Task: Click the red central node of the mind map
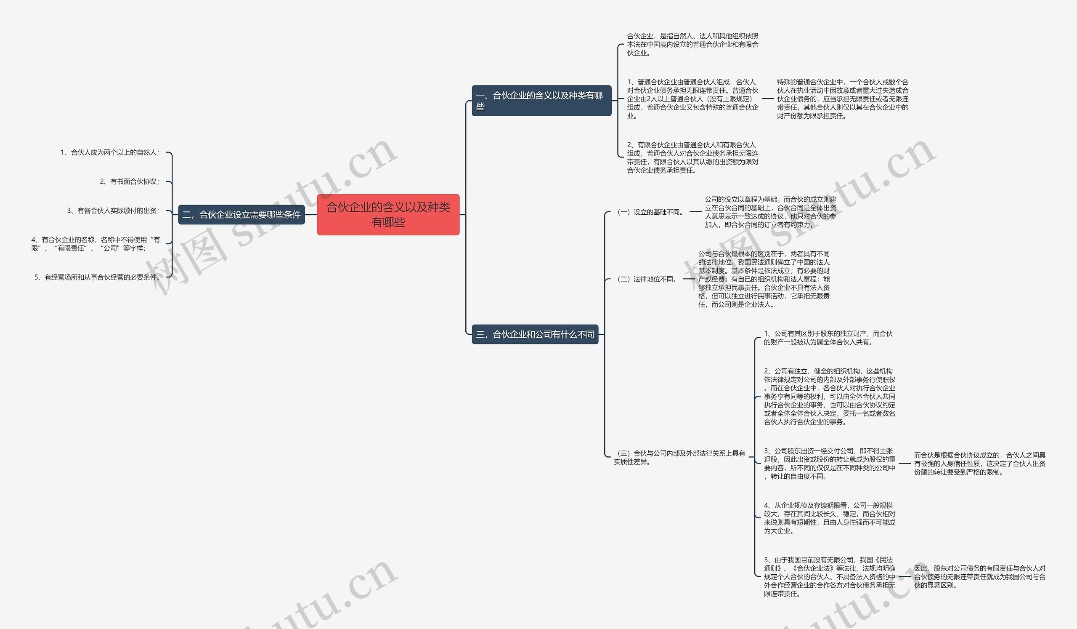tap(388, 215)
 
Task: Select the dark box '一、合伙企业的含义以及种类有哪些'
tap(541, 101)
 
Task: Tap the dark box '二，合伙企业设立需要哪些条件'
tap(241, 215)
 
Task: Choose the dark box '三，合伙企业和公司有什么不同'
tap(535, 334)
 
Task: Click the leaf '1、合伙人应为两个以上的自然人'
tap(110, 153)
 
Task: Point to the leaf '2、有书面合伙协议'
tap(130, 182)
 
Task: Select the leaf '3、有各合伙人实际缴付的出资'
tap(113, 211)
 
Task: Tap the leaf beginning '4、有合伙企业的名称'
tap(95, 244)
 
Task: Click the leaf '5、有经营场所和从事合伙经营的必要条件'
tap(97, 277)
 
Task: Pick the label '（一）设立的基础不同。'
tap(650, 212)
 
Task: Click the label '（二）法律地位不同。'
tap(647, 279)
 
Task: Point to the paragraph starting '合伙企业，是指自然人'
tap(693, 45)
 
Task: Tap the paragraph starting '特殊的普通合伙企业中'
tap(843, 99)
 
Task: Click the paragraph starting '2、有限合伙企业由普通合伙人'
tap(693, 158)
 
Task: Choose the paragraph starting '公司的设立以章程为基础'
tap(771, 212)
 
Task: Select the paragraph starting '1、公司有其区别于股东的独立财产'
tap(828, 338)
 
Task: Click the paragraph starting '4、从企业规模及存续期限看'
tap(830, 518)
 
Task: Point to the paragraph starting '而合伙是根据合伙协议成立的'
tap(980, 464)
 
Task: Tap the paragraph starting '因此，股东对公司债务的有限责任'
tap(980, 577)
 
